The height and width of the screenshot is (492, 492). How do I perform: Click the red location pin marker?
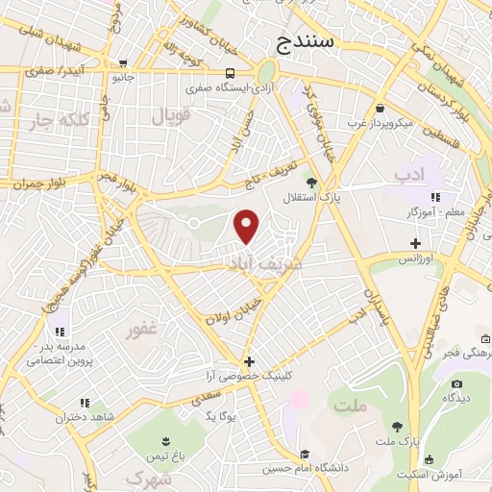[x=248, y=226]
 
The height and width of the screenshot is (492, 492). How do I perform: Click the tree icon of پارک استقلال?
[x=310, y=182]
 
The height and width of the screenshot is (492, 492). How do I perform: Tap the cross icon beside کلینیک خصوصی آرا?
[x=249, y=361]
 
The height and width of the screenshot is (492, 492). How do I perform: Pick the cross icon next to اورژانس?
[x=415, y=243]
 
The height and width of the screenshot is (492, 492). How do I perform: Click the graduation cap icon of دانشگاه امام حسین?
[x=304, y=455]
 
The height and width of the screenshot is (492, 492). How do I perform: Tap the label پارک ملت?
[x=397, y=441]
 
